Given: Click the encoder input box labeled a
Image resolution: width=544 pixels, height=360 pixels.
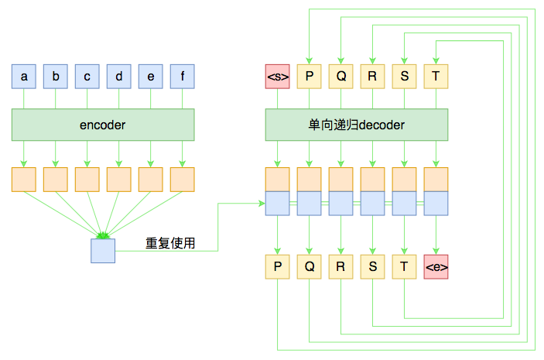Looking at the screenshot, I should point(24,77).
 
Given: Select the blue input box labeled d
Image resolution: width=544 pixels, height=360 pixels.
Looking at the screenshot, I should point(118,77).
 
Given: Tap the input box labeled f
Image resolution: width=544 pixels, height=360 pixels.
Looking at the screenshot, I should point(182,77).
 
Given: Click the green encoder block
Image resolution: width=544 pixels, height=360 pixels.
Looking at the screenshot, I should point(103,125).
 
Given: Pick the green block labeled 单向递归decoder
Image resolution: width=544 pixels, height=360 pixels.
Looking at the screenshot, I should point(357,125).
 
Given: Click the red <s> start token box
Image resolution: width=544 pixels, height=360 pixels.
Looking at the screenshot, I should point(277,77).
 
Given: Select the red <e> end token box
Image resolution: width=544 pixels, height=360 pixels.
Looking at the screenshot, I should point(436,267).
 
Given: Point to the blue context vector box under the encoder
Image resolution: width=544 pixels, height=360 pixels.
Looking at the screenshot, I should point(103,251).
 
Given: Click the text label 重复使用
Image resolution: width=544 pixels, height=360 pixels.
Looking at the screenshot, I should point(170,243).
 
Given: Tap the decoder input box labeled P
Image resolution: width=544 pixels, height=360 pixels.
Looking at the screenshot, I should point(309,77).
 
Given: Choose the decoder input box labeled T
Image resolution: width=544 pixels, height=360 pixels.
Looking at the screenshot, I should point(436,77).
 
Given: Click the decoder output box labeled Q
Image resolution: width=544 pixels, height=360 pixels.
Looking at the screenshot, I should point(309,267).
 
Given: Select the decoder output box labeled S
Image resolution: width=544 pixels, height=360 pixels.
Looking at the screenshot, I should point(372,267).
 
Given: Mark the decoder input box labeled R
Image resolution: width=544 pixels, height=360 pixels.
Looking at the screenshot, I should point(372,77).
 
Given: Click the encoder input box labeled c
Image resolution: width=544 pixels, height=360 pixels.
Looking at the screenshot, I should point(87,77).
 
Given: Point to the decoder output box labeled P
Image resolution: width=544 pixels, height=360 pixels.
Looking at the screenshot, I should point(277,267).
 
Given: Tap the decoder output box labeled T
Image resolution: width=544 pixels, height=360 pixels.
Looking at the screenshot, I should point(404,267).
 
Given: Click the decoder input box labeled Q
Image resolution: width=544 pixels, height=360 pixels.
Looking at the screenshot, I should point(340,77).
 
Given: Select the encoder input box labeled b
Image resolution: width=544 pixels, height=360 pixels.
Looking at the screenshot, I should point(56,77).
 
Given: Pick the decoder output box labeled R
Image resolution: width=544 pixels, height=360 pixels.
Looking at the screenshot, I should point(340,267).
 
